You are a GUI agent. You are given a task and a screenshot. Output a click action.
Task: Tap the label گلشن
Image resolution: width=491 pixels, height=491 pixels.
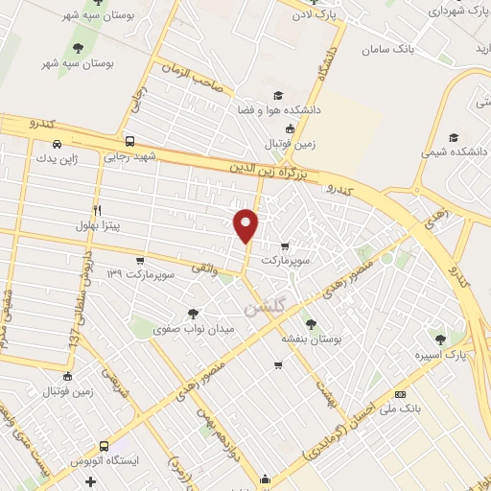tap(264, 307)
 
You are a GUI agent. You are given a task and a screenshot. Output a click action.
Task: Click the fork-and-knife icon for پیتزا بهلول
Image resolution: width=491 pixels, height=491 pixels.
tap(97, 209)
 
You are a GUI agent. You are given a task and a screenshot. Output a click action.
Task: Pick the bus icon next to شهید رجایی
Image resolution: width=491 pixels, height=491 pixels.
tap(129, 141)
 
